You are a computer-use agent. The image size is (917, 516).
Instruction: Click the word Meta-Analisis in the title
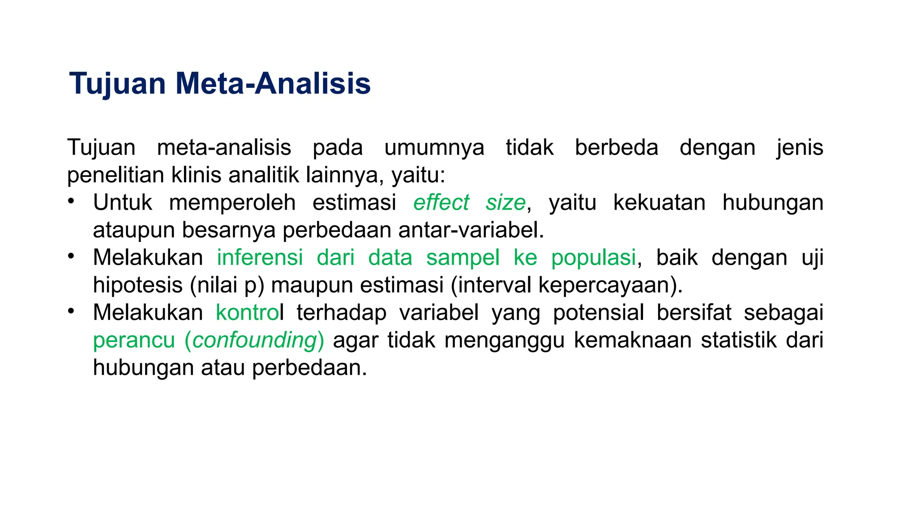point(273,84)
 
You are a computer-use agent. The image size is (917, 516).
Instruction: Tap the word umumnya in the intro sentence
point(434,148)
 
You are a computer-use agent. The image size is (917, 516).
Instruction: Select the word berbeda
point(616,148)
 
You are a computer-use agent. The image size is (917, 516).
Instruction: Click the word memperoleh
point(232,202)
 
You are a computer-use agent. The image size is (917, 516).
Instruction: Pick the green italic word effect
point(441,202)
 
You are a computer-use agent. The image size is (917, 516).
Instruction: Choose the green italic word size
point(506,202)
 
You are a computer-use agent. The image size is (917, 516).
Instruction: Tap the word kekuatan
point(659,202)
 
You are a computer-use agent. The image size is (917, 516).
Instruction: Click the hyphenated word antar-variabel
point(471,230)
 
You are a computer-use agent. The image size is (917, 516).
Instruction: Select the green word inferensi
point(260,258)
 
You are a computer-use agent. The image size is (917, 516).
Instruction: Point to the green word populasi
point(593,258)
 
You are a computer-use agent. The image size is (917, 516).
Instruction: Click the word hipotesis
point(137,285)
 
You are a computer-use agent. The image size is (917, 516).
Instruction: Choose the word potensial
point(598,313)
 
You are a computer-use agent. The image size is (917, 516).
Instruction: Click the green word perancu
point(133,340)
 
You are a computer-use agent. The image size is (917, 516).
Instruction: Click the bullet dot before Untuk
point(71,201)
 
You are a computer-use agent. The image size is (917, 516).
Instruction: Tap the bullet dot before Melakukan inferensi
point(71,256)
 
